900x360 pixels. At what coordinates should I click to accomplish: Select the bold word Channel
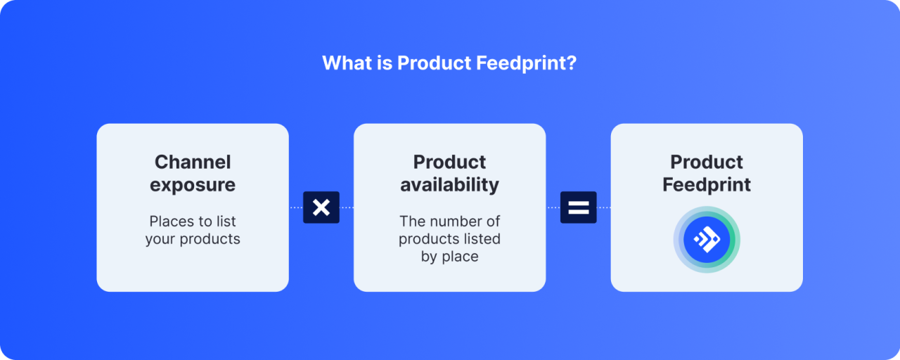[x=193, y=162]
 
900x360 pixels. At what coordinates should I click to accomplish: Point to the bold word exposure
[x=193, y=185]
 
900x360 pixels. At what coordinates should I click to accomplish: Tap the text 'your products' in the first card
[x=193, y=239]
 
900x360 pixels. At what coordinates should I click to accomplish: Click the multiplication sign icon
[x=321, y=207]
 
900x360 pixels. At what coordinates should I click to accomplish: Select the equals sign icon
[x=578, y=207]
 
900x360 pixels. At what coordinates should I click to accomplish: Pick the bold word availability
[x=450, y=185]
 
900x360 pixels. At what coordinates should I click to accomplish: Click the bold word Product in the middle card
[x=450, y=162]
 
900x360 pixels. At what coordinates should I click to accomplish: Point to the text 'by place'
[x=450, y=257]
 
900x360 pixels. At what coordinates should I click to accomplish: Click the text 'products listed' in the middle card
[x=450, y=239]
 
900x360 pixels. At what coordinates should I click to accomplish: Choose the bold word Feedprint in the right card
[x=707, y=185]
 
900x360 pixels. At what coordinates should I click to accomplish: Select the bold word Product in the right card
[x=707, y=162]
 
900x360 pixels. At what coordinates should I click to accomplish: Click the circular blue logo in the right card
[x=707, y=240]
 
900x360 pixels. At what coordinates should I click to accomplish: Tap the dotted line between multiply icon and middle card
[x=347, y=207]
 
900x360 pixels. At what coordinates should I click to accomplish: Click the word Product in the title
[x=434, y=63]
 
